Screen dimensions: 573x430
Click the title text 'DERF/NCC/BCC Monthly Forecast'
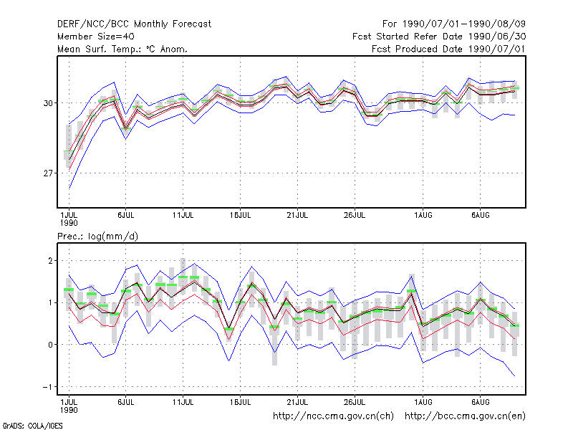point(134,24)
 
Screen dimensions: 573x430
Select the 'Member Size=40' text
point(96,37)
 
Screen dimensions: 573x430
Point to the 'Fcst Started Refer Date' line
point(439,37)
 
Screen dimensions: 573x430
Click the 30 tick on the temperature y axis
point(48,103)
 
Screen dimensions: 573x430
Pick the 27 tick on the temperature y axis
point(48,173)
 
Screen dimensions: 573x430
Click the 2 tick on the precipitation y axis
point(50,261)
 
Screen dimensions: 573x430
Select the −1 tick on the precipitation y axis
point(48,387)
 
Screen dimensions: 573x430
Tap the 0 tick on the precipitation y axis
point(50,345)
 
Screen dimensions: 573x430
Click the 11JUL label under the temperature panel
point(183,216)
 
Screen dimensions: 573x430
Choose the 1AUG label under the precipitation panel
point(423,402)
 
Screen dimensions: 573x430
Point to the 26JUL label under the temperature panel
point(355,216)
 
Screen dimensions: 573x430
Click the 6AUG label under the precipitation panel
point(480,402)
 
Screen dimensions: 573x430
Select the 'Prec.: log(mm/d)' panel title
point(97,236)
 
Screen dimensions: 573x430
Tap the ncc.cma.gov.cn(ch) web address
point(333,416)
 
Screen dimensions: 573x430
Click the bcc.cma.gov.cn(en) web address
point(465,416)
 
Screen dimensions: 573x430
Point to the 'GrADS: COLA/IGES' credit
point(32,426)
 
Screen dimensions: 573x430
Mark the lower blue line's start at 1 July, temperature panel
point(69,188)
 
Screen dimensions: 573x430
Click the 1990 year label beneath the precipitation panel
point(69,410)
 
